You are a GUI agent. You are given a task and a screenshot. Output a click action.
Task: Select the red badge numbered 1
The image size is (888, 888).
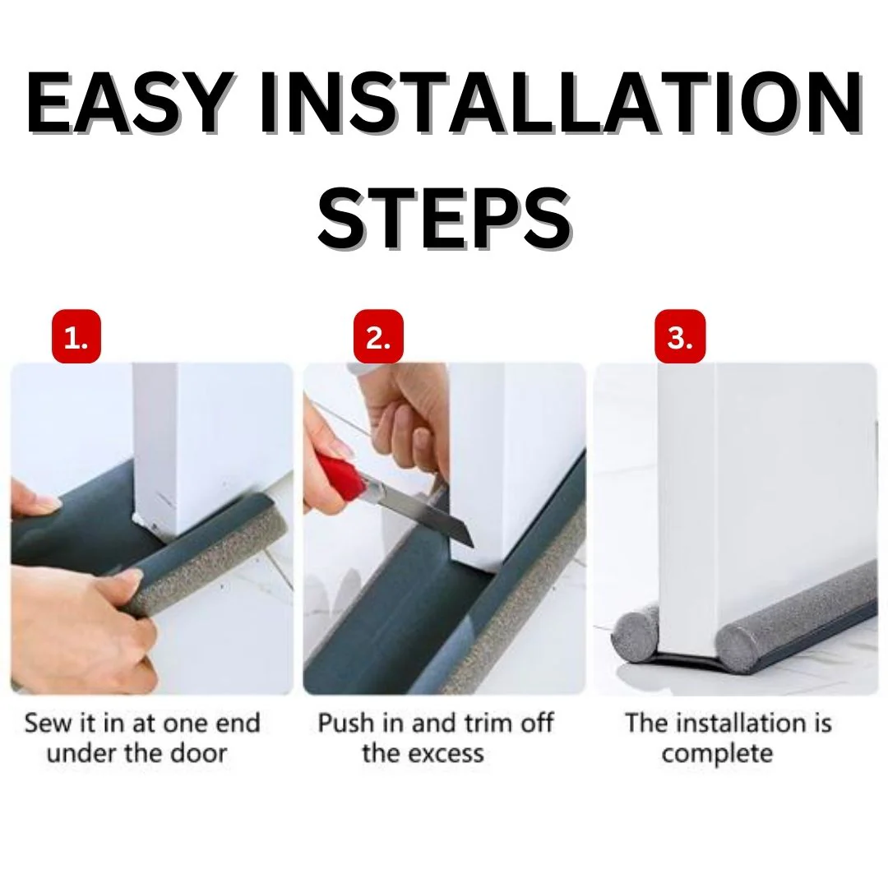76,337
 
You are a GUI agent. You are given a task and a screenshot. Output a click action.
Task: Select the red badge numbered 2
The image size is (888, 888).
378,337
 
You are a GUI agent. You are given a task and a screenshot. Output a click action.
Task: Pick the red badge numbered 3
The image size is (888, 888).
680,337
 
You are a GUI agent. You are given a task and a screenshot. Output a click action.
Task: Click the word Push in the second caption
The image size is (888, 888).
345,724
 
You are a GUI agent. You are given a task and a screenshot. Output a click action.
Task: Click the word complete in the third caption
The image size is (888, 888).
717,753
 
